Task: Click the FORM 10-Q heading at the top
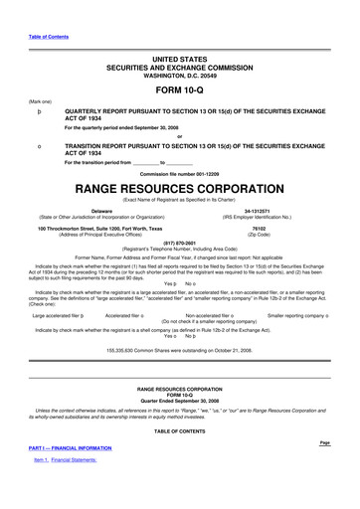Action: (x=180, y=87)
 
